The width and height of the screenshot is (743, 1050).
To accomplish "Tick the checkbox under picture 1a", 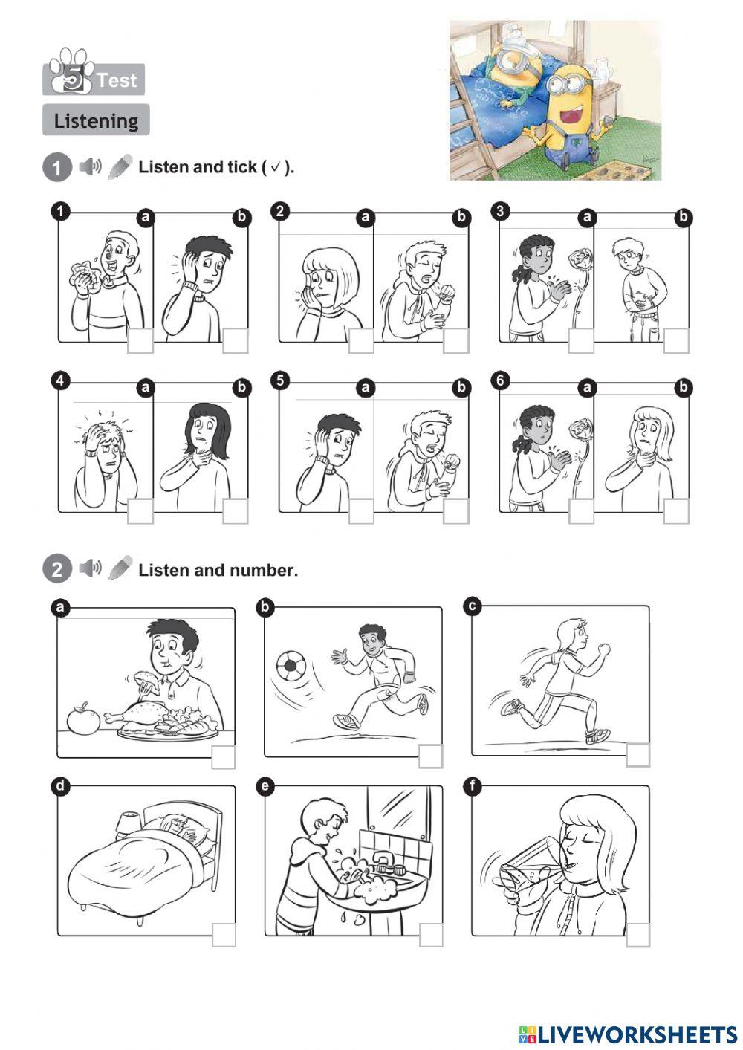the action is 140,341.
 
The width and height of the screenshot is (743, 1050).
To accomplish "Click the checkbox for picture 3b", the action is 676,341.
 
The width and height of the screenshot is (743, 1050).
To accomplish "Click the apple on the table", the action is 83,719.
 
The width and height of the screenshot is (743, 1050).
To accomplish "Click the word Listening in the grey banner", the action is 96,121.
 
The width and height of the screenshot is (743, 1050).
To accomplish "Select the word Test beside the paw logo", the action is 117,80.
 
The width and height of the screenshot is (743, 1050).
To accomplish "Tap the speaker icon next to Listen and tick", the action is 90,166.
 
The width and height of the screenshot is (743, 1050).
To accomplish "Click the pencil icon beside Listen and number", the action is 120,568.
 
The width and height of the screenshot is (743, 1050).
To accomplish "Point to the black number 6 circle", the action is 500,380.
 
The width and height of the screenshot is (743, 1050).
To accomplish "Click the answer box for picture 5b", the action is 455,511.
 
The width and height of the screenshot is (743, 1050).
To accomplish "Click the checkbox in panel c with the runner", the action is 638,755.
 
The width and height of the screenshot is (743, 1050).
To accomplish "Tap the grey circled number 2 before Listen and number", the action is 57,569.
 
